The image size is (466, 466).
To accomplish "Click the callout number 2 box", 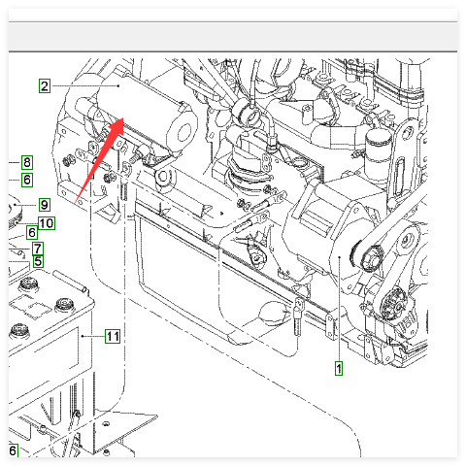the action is coord(45,85).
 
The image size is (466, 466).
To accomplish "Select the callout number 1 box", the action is coord(339,369).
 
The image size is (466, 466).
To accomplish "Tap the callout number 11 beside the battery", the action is coord(113,336).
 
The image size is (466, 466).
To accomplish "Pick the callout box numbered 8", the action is coord(27,162).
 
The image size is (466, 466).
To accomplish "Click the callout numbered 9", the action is coord(45,205).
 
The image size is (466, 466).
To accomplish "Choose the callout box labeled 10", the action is coord(47,223).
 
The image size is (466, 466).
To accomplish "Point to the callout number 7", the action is coord(38,249).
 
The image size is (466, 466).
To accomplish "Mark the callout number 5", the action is coord(38,261).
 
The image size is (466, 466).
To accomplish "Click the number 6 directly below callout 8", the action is coord(27,180).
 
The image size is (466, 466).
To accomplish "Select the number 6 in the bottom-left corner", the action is coord(13,450).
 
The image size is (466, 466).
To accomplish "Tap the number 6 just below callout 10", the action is coord(32,232).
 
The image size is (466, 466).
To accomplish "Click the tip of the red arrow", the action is coord(123,118).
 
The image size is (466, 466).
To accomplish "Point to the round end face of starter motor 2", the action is coord(183,132).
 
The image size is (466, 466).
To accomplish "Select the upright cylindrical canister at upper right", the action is coord(378,152).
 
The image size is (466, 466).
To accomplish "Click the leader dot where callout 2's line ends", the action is coord(119,85).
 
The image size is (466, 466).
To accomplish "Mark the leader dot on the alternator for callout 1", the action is coord(339,257).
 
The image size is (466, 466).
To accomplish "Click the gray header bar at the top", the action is coord(233,37).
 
